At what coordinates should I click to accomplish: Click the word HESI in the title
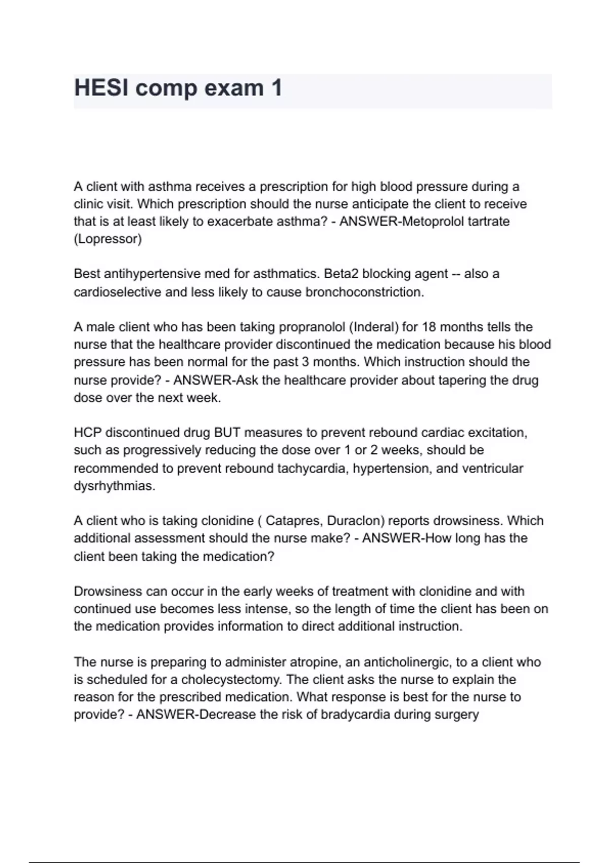pyautogui.click(x=100, y=88)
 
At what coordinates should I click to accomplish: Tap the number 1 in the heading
pyautogui.click(x=277, y=88)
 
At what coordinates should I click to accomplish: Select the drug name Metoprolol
pyautogui.click(x=430, y=221)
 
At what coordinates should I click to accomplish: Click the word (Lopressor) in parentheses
pyautogui.click(x=108, y=239)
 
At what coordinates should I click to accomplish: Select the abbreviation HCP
pyautogui.click(x=87, y=433)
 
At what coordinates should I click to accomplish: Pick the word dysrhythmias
pyautogui.click(x=114, y=486)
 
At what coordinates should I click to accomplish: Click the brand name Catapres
pyautogui.click(x=294, y=521)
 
